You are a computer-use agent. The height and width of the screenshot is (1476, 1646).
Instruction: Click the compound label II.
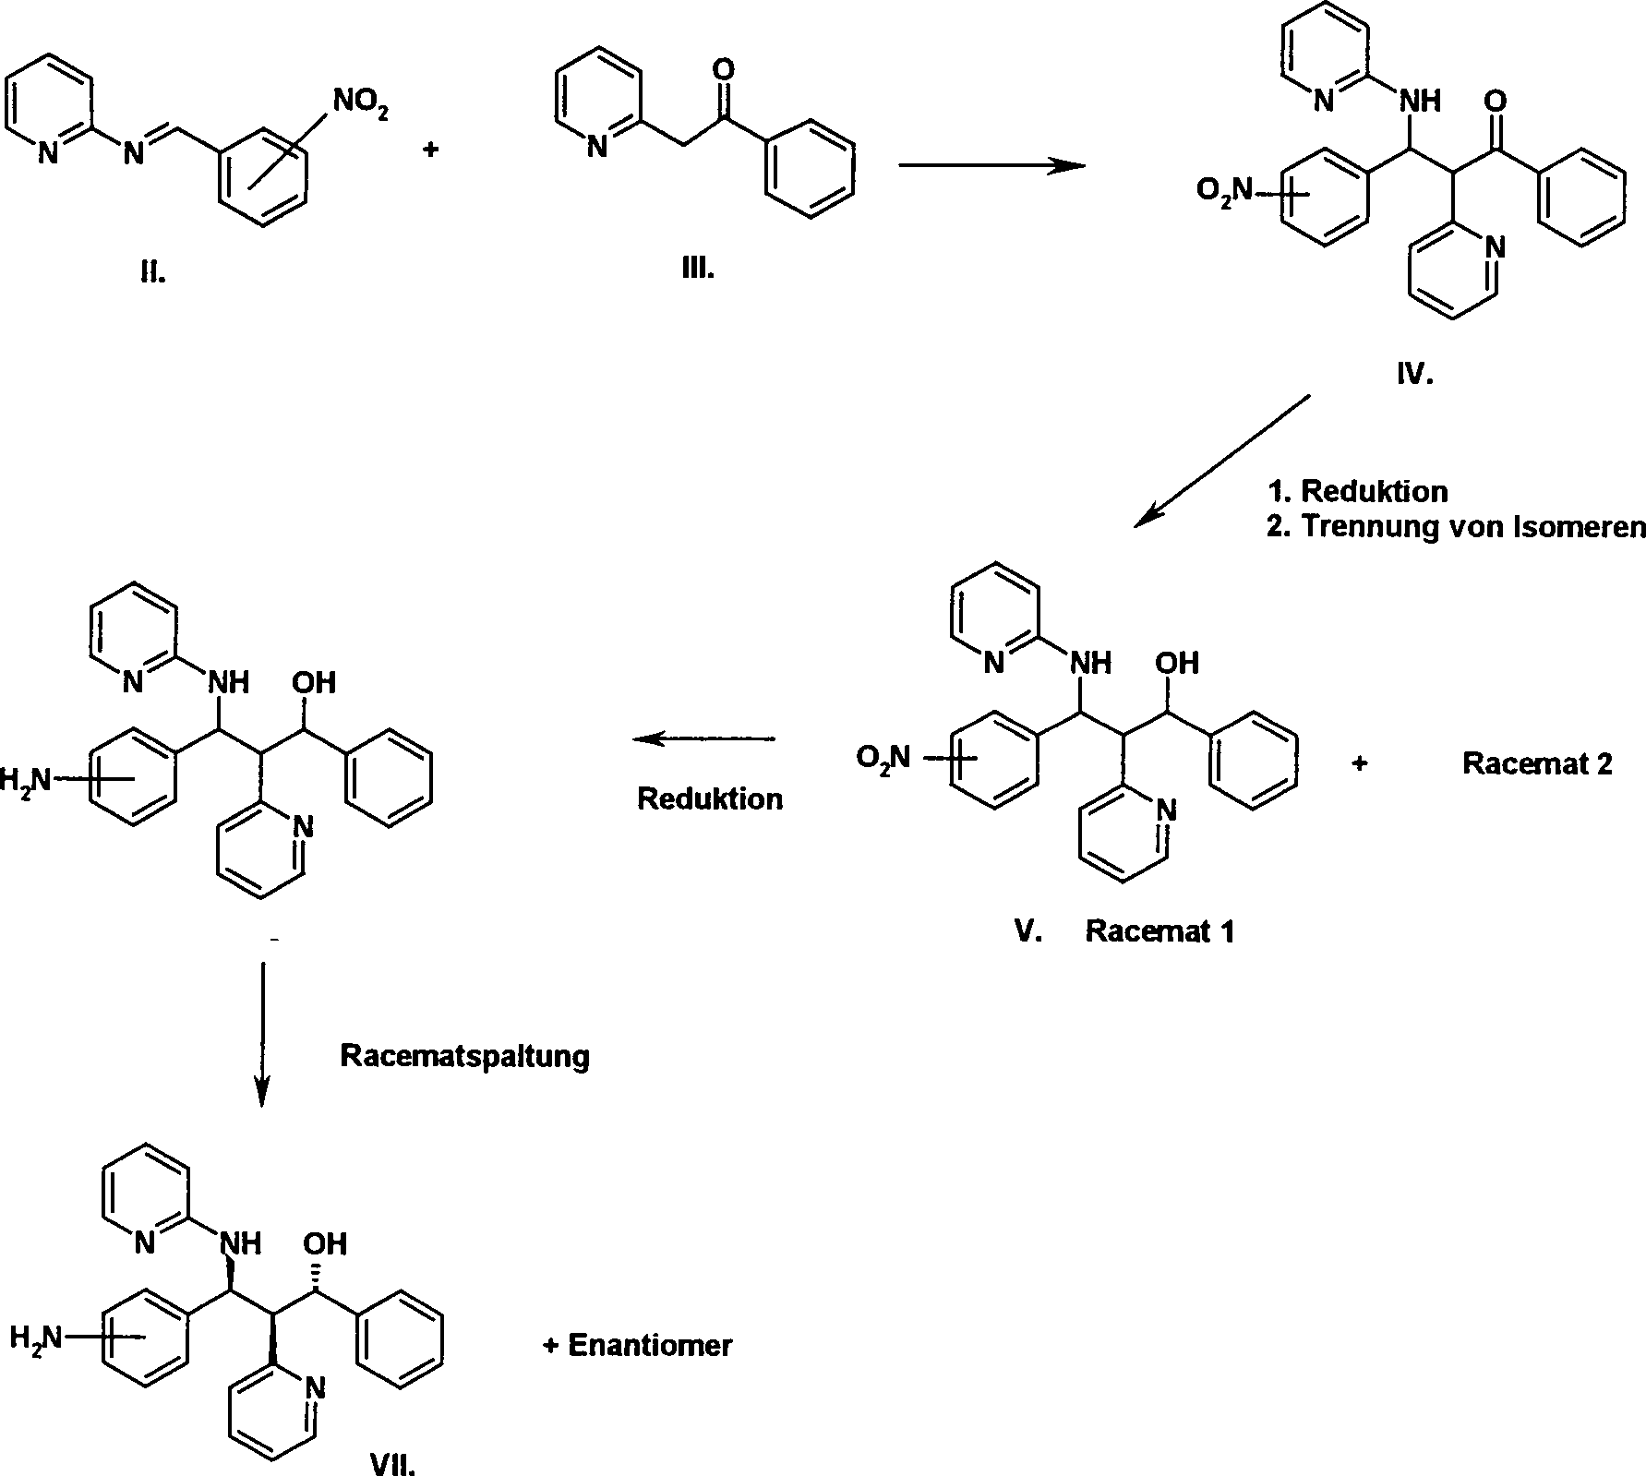pyautogui.click(x=153, y=274)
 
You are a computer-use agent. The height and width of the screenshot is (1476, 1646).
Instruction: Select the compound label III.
pyautogui.click(x=697, y=269)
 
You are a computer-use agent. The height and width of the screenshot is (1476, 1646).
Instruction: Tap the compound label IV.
pyautogui.click(x=1413, y=375)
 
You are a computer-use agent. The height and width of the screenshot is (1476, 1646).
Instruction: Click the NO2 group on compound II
pyautogui.click(x=360, y=102)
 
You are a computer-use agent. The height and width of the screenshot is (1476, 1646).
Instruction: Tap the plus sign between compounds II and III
pyautogui.click(x=430, y=150)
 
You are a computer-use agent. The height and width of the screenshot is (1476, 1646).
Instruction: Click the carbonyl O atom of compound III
pyautogui.click(x=726, y=69)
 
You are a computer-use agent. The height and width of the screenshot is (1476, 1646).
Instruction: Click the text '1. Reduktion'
pyautogui.click(x=1358, y=491)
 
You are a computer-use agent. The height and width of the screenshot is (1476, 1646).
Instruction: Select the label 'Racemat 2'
pyautogui.click(x=1537, y=763)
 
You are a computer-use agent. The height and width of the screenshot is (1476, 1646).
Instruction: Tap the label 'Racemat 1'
pyautogui.click(x=1159, y=930)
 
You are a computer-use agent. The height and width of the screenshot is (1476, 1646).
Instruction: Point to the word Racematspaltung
pyautogui.click(x=464, y=1055)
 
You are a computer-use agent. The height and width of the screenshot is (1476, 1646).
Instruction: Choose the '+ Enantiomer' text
pyautogui.click(x=637, y=1345)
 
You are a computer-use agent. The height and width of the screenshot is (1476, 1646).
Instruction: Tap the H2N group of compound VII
pyautogui.click(x=36, y=1337)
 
